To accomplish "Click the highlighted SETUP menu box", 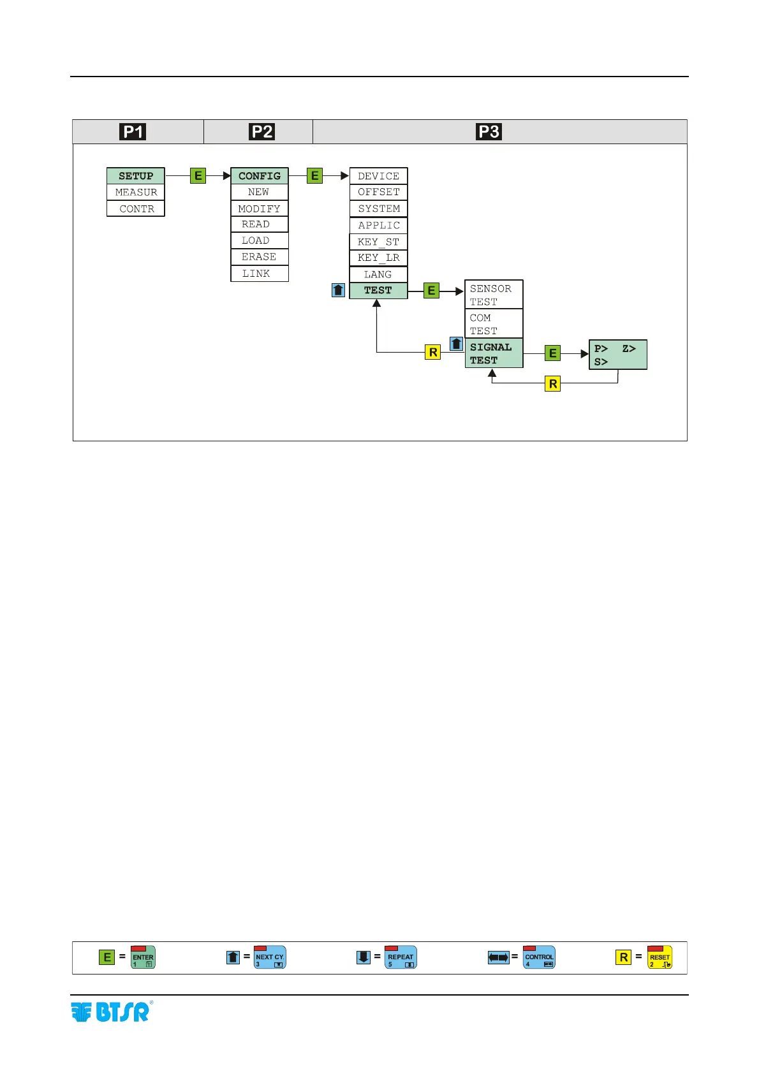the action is (135, 176).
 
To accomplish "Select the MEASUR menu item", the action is (135, 192).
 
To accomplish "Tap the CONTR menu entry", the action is (135, 209).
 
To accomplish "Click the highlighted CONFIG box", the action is (260, 176).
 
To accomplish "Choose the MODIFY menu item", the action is (260, 209).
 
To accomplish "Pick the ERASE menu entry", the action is (260, 257).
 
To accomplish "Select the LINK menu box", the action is (260, 274).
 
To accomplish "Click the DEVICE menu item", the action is (378, 176).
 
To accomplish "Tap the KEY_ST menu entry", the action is (378, 242).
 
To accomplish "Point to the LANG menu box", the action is (378, 274).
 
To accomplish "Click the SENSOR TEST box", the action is (494, 295).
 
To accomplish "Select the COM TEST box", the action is (494, 324).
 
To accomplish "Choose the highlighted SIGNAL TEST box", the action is (494, 353).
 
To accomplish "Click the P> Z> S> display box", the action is (617, 355).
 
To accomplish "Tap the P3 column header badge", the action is (489, 132).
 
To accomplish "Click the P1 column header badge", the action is (133, 132).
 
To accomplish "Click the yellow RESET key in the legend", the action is (660, 957).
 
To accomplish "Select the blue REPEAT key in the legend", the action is (401, 957).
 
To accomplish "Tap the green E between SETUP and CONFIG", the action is (198, 176).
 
